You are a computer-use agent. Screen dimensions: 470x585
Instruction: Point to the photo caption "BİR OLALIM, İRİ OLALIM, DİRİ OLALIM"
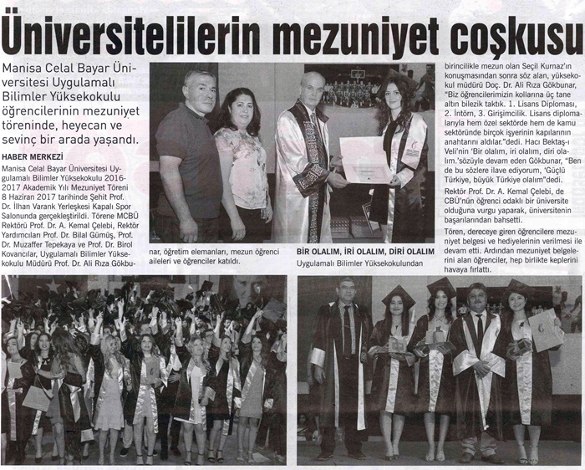point(366,251)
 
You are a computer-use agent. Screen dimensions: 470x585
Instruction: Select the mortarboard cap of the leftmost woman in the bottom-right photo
point(398,294)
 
